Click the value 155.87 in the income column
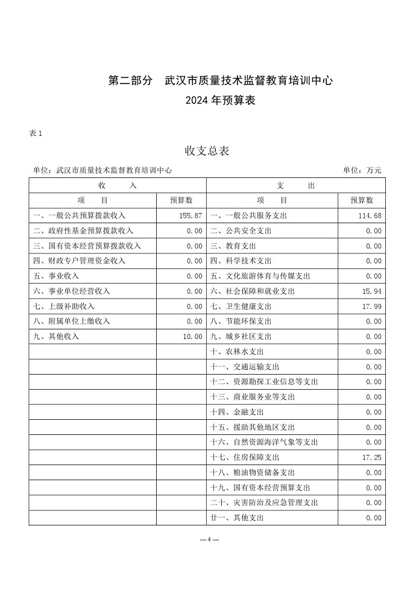click(x=190, y=215)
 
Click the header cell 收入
click(x=118, y=186)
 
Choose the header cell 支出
click(x=295, y=186)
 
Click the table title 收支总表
click(x=207, y=151)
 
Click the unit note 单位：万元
click(x=362, y=171)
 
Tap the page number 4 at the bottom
click(x=209, y=539)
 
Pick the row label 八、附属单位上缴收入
click(x=71, y=322)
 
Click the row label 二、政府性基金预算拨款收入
click(x=83, y=231)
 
